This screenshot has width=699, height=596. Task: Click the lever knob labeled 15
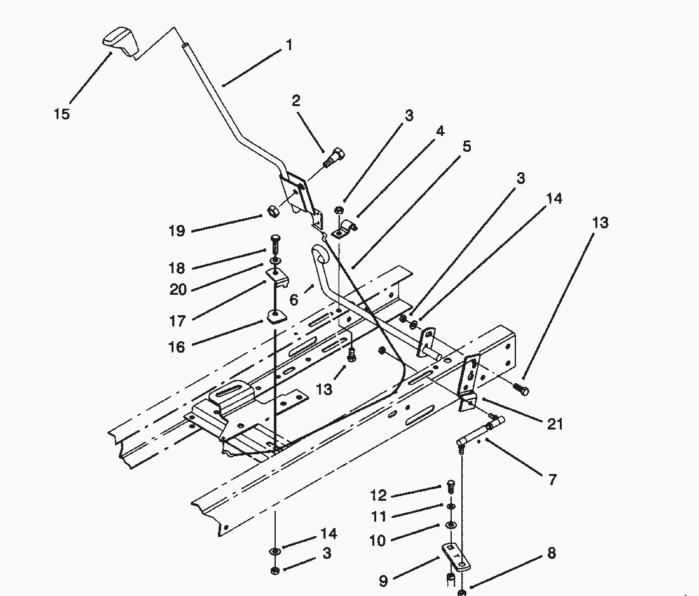tap(119, 41)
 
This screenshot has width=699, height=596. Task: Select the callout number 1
tap(289, 46)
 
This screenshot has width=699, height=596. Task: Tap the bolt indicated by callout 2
tap(334, 156)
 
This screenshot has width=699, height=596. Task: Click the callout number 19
tap(177, 231)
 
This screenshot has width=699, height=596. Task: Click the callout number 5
tap(466, 147)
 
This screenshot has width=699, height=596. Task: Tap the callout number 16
tap(177, 346)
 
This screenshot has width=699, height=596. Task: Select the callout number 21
tap(555, 423)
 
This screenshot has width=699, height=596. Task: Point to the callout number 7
tap(552, 480)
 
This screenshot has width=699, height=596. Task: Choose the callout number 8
tap(551, 553)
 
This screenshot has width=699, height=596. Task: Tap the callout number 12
tap(378, 496)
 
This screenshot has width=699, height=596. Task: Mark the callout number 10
tap(378, 541)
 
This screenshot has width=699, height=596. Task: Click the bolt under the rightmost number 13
tap(521, 389)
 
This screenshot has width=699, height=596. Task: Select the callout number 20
tap(178, 289)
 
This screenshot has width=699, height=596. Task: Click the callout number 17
tap(177, 321)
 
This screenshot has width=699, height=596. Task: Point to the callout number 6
tap(294, 300)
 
